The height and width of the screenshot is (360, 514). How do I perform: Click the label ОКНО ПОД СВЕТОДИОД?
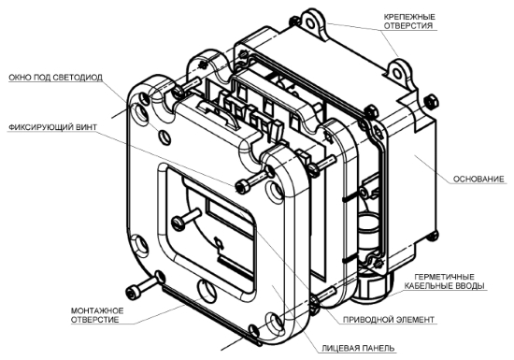click(55, 78)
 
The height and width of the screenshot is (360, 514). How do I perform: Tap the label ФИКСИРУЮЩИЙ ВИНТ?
click(52, 127)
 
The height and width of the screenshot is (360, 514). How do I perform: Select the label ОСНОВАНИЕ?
click(478, 179)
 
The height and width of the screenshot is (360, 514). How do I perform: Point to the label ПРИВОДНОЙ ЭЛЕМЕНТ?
click(389, 320)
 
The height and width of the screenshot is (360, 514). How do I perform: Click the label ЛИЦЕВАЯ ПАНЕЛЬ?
click(358, 348)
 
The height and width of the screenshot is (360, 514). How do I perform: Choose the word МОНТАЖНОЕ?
click(97, 310)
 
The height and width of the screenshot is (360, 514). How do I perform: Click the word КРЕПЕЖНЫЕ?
click(409, 17)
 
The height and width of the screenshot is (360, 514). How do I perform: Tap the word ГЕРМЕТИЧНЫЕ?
click(444, 277)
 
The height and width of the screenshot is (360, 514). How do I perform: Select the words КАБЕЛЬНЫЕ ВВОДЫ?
click(444, 286)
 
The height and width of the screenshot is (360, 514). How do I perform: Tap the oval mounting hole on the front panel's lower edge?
click(207, 291)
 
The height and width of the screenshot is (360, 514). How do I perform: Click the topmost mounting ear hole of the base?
click(309, 22)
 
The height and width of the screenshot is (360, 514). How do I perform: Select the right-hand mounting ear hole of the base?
click(397, 73)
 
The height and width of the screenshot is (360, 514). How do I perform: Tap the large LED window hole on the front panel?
click(142, 114)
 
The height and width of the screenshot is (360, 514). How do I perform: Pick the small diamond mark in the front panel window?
click(219, 242)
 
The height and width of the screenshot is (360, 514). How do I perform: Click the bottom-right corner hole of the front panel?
click(274, 322)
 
